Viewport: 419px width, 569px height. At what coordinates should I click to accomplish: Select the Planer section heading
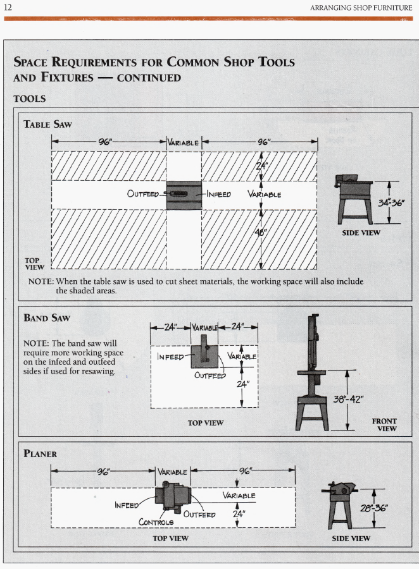[x=41, y=453]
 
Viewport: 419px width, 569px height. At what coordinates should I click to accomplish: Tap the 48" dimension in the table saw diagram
[x=262, y=231]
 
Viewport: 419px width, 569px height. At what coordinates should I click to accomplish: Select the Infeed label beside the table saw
[x=218, y=194]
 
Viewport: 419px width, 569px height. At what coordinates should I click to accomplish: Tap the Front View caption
[x=385, y=424]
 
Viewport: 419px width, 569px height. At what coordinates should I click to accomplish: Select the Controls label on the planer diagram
[x=156, y=522]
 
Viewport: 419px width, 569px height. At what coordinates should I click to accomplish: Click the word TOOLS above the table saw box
[x=29, y=99]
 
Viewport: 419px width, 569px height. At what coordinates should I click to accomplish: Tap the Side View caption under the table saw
[x=361, y=233]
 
